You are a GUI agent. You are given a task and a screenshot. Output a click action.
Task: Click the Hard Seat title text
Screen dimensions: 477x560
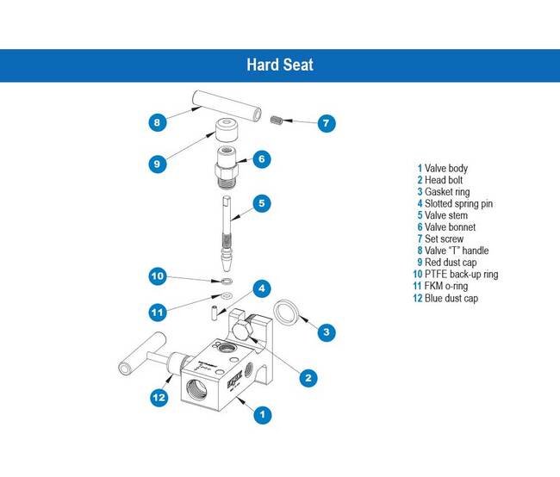coord(279,65)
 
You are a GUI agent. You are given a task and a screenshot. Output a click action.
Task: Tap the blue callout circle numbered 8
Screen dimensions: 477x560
coord(156,122)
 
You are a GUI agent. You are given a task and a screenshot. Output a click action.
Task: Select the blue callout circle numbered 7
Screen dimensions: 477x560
coord(326,123)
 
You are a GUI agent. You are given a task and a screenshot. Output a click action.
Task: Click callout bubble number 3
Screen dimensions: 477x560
coord(324,331)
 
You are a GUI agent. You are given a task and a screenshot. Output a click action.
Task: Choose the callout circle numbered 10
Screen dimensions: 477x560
coord(157,276)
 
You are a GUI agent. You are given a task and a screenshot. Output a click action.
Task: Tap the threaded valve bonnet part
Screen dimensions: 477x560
coord(227,164)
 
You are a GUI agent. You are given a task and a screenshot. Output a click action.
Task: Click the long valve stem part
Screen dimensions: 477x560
coord(225,231)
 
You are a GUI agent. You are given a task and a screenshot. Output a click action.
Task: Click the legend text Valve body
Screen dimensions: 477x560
coord(446,168)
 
